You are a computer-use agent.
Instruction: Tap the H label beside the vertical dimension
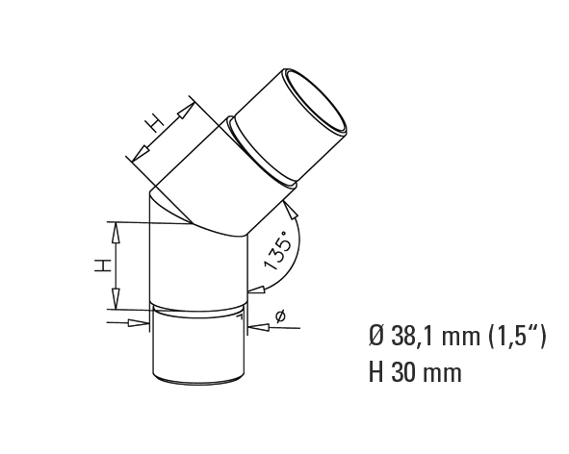pyautogui.click(x=103, y=265)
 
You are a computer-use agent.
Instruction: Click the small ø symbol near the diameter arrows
pyautogui.click(x=280, y=316)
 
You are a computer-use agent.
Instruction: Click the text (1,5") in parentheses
pyautogui.click(x=517, y=338)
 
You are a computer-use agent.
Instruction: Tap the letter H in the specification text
pyautogui.click(x=376, y=372)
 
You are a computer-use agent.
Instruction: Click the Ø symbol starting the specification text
pyautogui.click(x=377, y=338)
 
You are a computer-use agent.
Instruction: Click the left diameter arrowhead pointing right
pyautogui.click(x=140, y=323)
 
